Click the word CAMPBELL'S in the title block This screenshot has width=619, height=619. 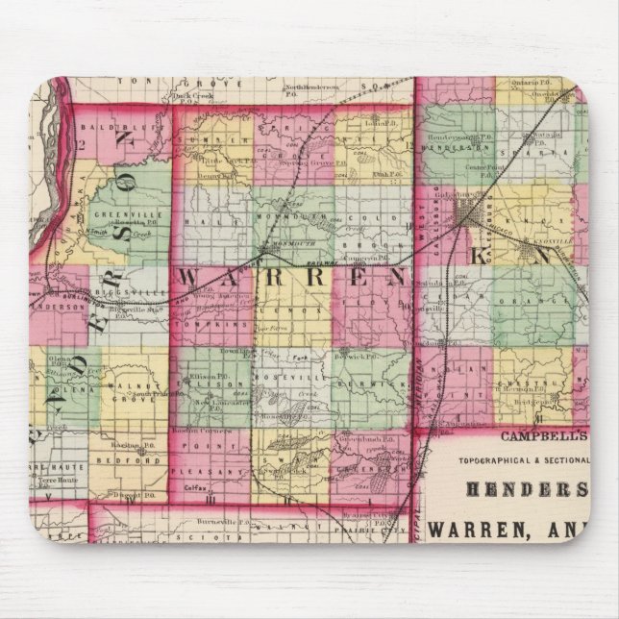click(531, 433)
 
